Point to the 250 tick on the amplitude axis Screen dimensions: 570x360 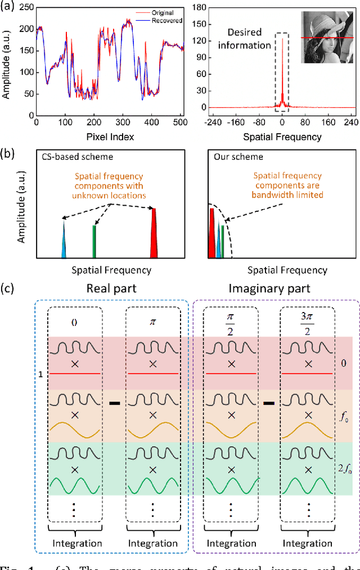point(28,8)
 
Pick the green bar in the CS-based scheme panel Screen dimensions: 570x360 point(94,241)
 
